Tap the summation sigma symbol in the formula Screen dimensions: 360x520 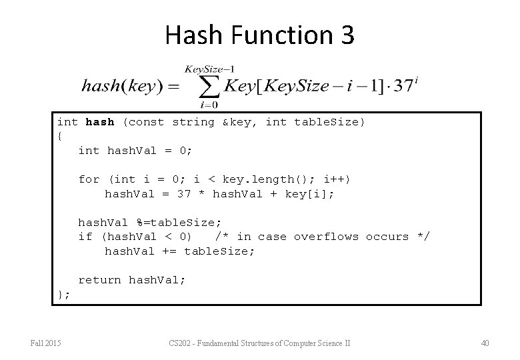(211, 87)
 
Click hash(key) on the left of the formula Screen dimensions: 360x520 (118, 87)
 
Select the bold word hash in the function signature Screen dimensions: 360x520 (100, 122)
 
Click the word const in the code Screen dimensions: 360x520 (143, 122)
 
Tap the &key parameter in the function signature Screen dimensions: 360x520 (237, 122)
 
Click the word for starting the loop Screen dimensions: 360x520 (89, 179)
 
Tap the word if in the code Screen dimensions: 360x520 (85, 237)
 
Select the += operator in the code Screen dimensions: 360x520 (169, 251)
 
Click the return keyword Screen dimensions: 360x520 (100, 280)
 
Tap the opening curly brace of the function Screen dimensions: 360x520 (60, 136)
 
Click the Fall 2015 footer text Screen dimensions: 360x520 (46, 343)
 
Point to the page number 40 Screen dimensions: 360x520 (484, 343)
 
